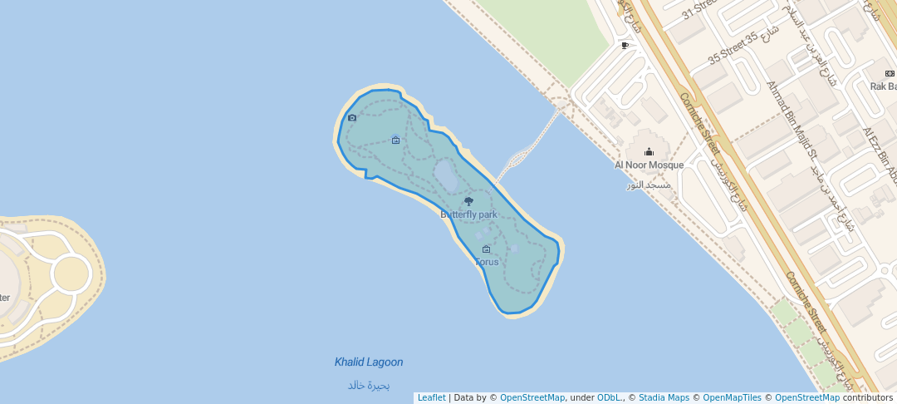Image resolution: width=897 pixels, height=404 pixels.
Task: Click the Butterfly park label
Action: [468, 214]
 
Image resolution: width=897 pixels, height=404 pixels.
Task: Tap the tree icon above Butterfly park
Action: [468, 202]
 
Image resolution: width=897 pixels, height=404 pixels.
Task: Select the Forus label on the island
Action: [487, 262]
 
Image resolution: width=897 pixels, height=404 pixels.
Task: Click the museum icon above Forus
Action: [486, 249]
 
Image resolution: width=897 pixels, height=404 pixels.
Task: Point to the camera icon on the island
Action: [352, 118]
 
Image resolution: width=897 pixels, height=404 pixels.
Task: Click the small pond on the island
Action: [444, 175]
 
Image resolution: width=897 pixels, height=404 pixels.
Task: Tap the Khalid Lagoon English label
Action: [369, 362]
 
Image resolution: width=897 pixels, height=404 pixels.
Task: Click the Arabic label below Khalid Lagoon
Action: [369, 385]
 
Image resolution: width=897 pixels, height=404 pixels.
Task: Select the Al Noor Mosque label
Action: [649, 165]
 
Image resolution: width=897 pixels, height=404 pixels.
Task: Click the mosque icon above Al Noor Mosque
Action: [649, 151]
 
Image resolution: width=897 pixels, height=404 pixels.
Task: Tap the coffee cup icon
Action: [625, 46]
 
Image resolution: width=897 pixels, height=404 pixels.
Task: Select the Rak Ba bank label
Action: [883, 86]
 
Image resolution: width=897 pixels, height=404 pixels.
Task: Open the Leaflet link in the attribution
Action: [431, 398]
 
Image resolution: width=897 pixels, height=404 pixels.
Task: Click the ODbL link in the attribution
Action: [609, 398]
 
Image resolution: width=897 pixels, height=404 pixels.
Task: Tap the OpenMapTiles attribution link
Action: [728, 398]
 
